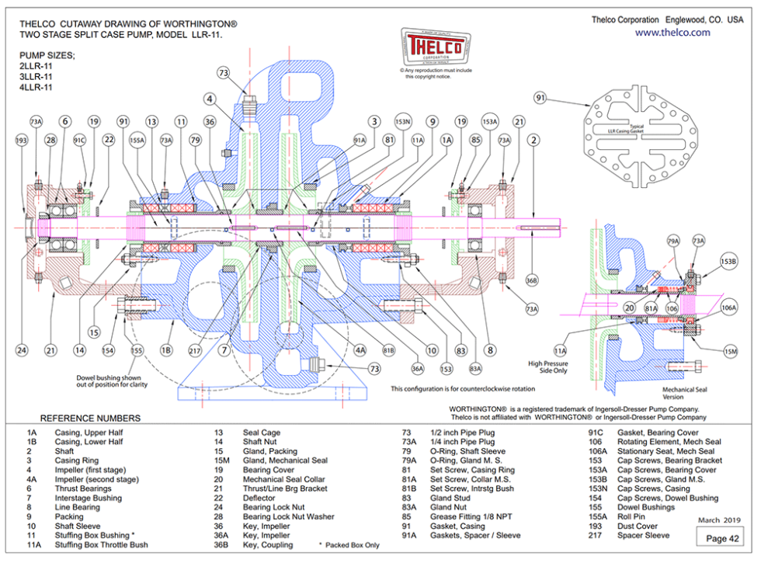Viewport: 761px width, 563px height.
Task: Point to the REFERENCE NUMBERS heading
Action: click(x=91, y=418)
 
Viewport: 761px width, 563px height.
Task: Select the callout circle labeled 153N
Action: click(x=402, y=121)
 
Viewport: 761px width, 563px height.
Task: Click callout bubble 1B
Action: click(x=165, y=350)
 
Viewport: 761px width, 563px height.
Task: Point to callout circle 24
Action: click(x=21, y=350)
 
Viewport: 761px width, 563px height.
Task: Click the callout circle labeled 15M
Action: click(x=730, y=352)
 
